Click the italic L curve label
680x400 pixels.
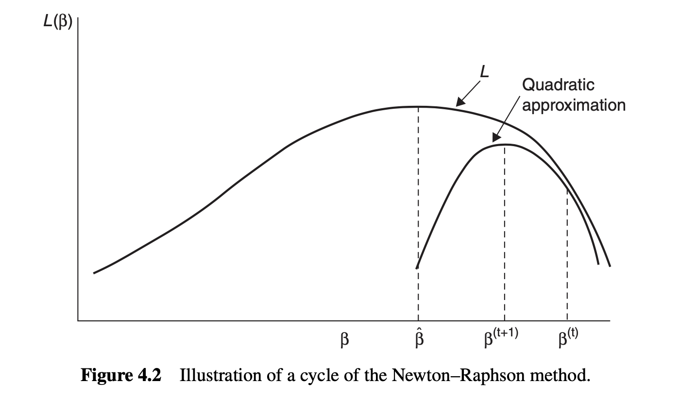tap(484, 72)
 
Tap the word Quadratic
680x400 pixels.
tap(558, 84)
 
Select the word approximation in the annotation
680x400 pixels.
tap(574, 105)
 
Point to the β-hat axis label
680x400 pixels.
tap(419, 339)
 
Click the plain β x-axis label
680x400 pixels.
tap(344, 340)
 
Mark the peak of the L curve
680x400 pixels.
tap(418, 106)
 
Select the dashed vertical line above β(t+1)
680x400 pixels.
tap(504, 233)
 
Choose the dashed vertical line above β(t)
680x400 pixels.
tap(567, 252)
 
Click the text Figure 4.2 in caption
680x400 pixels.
tap(120, 376)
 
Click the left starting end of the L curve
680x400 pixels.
tap(94, 273)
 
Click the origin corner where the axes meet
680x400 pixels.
tap(78, 320)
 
